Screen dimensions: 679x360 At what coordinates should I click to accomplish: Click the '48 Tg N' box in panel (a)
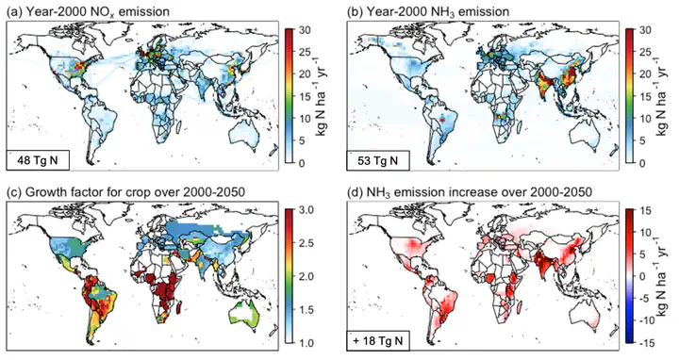[x=37, y=160]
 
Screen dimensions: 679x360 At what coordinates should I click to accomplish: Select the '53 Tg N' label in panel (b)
[x=378, y=160]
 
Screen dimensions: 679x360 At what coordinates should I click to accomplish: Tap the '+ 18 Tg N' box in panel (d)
[x=378, y=340]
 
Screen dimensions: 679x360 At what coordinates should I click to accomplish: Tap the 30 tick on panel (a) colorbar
[x=305, y=30]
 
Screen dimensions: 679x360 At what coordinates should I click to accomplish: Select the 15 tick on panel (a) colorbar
[x=305, y=96]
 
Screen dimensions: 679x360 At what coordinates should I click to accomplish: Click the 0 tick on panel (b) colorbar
[x=642, y=163]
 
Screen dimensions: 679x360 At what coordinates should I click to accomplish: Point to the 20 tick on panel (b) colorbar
[x=645, y=74]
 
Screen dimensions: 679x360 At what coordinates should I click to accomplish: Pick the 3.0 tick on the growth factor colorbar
[x=306, y=210]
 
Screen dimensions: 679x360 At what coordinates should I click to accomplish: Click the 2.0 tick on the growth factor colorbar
[x=306, y=276]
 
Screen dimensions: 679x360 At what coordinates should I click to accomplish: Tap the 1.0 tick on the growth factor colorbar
[x=306, y=343]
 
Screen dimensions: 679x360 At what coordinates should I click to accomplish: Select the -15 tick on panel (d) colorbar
[x=646, y=343]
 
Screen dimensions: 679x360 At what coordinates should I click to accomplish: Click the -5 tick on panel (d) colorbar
[x=644, y=299]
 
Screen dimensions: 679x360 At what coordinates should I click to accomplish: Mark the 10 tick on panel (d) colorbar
[x=645, y=233]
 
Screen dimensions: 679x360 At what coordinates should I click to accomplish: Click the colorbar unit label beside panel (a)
[x=321, y=96]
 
